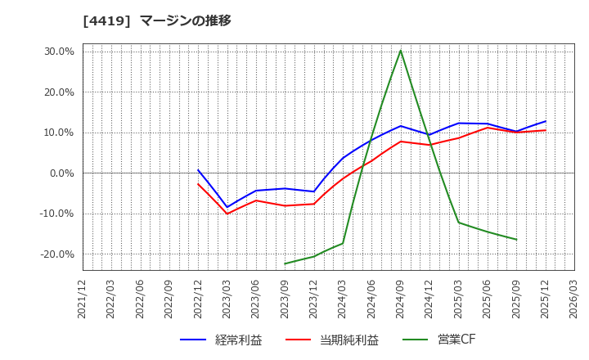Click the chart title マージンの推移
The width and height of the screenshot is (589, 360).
(x=185, y=21)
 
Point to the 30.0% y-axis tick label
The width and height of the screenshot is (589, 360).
(x=58, y=52)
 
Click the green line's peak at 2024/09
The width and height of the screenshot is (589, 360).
(x=401, y=51)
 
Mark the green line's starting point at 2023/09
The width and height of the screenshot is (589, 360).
(x=285, y=263)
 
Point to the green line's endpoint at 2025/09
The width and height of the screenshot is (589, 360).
(x=516, y=240)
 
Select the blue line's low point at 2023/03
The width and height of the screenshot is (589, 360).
(x=227, y=208)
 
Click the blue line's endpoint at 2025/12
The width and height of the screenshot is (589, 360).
(x=546, y=121)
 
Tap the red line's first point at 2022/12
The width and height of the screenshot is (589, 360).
(x=198, y=183)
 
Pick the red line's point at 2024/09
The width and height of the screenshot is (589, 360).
(x=401, y=142)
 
